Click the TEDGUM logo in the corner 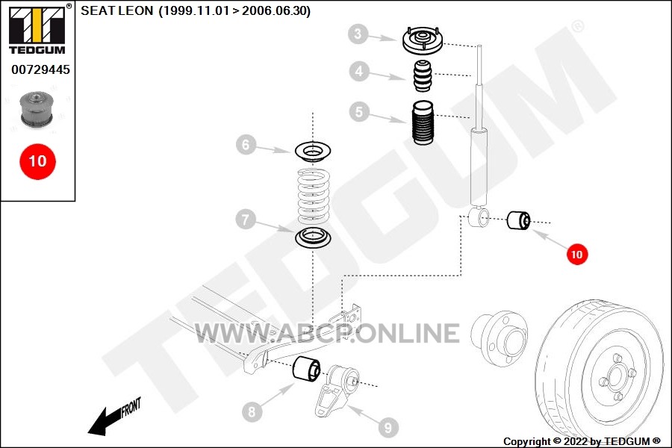coord(37,29)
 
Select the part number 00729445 coord(41,69)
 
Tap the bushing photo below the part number coord(37,109)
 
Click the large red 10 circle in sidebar coord(38,161)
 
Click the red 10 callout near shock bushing coord(577,254)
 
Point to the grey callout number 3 coord(358,34)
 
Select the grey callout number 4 coord(359,71)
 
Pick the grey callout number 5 coord(359,111)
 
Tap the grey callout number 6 coord(246,144)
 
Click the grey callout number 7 coord(246,220)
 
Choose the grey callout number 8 coord(252,411)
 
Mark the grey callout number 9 coord(388,427)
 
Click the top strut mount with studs coord(423,41)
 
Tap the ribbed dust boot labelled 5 coord(423,123)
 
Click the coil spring coord(314,196)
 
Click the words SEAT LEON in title coord(116,10)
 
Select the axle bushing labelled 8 coord(306,368)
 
